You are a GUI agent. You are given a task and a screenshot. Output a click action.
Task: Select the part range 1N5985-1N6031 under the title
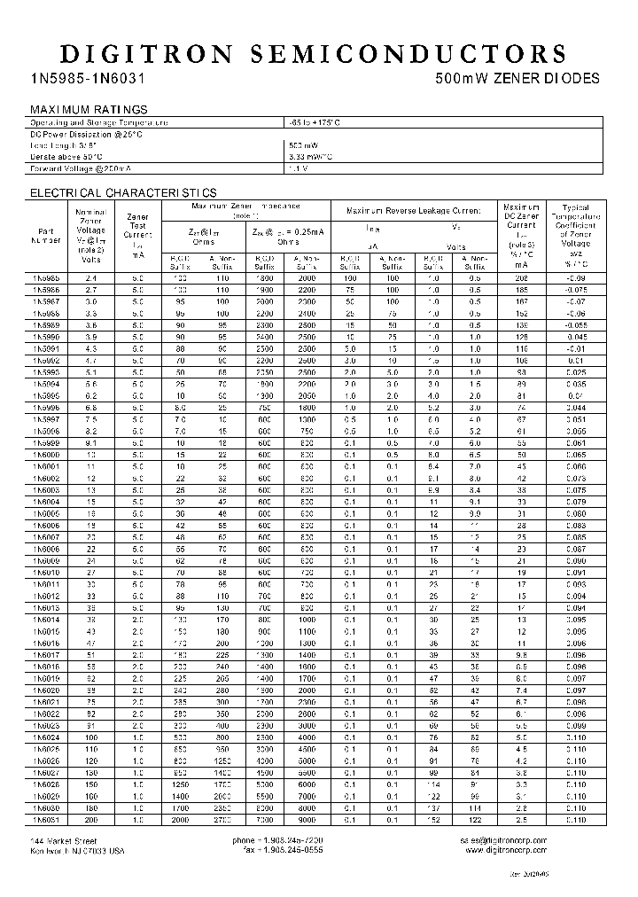click(x=89, y=78)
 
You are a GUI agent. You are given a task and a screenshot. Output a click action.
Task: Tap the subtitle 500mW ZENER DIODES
click(x=518, y=78)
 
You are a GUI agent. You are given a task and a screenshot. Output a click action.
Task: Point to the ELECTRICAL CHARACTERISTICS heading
click(x=123, y=192)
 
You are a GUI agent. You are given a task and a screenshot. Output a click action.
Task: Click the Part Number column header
click(x=47, y=234)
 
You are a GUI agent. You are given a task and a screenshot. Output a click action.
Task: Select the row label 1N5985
click(x=47, y=278)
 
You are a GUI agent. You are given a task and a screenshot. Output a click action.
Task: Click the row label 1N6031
click(x=47, y=820)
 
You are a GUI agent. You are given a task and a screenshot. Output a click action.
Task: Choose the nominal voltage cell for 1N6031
click(x=90, y=820)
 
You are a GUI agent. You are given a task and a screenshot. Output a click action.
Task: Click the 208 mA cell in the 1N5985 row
click(x=520, y=278)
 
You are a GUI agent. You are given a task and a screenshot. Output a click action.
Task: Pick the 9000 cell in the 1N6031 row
click(x=306, y=820)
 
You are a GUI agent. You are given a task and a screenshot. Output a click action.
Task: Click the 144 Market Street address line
click(x=64, y=839)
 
